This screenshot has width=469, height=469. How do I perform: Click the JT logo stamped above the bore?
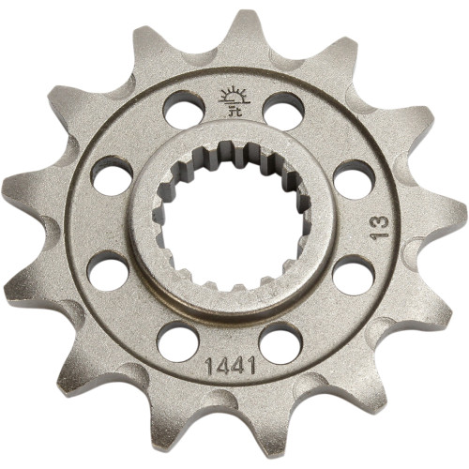[230, 98]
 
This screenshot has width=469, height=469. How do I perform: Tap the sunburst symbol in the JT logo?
[230, 93]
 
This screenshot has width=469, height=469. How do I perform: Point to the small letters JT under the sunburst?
[230, 105]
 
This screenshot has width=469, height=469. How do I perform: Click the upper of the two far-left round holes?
[111, 176]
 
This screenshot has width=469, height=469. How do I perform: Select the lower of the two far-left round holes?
[109, 273]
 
